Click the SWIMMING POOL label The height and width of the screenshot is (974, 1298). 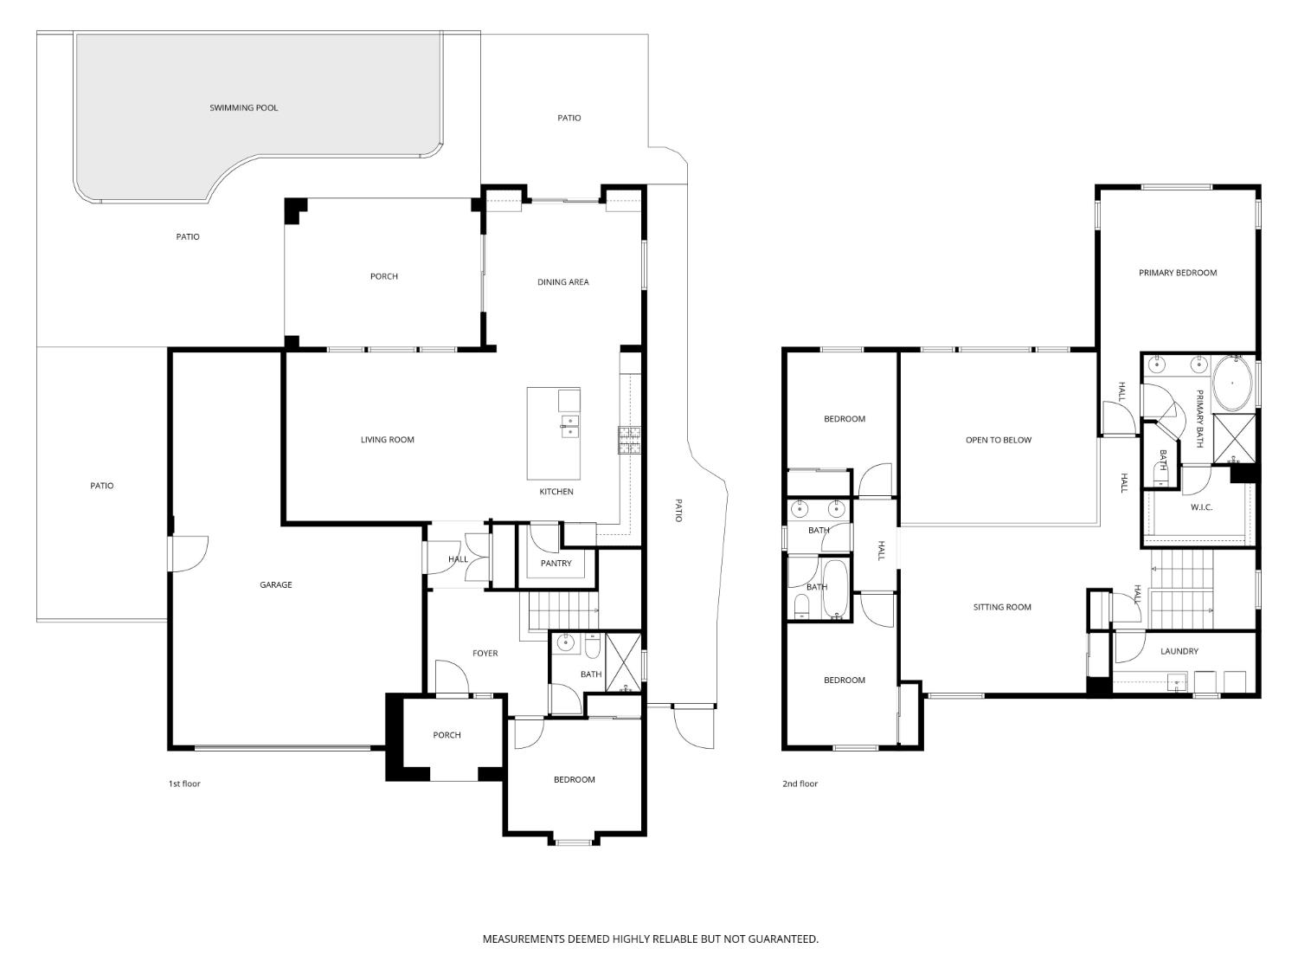[x=244, y=107]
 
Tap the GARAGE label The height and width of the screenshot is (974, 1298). [x=275, y=585]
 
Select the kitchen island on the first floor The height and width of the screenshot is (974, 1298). [x=554, y=434]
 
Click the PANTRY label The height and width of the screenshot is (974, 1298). [x=556, y=563]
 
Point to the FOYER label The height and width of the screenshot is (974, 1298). [x=485, y=653]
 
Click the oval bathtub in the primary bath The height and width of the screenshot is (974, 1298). [x=1232, y=384]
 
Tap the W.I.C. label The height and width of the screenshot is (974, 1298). [x=1201, y=507]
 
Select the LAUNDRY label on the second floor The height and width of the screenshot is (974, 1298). [x=1179, y=651]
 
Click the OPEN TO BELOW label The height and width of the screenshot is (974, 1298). [x=999, y=440]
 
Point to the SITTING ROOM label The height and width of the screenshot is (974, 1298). [x=1002, y=607]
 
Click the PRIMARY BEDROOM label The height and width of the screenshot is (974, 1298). [x=1178, y=273]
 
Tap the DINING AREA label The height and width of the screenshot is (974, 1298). [x=563, y=282]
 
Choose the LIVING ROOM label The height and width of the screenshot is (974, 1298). [x=388, y=440]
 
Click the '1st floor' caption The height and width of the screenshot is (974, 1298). [x=184, y=784]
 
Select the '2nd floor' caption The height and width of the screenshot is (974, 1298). [x=800, y=784]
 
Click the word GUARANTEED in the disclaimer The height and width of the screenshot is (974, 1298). [x=783, y=939]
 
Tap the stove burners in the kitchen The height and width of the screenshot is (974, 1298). [x=629, y=440]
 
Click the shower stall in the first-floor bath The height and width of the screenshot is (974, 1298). [x=623, y=661]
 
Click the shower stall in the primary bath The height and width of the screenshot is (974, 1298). [x=1234, y=439]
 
